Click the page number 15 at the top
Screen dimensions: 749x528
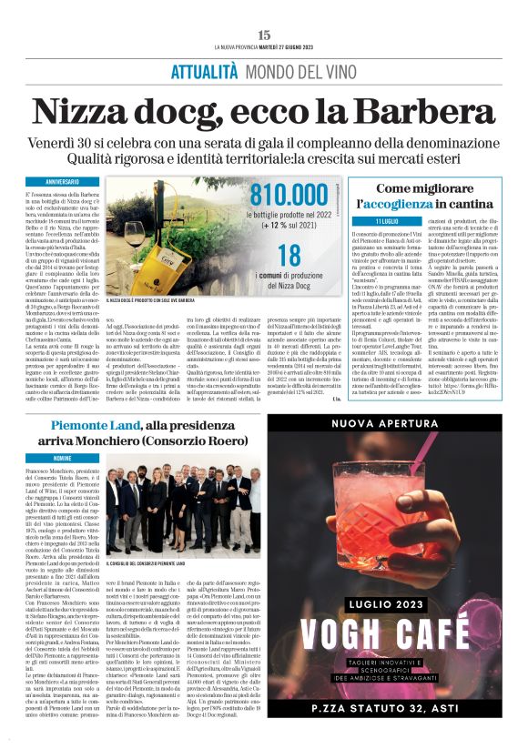pyautogui.click(x=264, y=34)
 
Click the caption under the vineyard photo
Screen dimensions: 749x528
pyautogui.click(x=154, y=298)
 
